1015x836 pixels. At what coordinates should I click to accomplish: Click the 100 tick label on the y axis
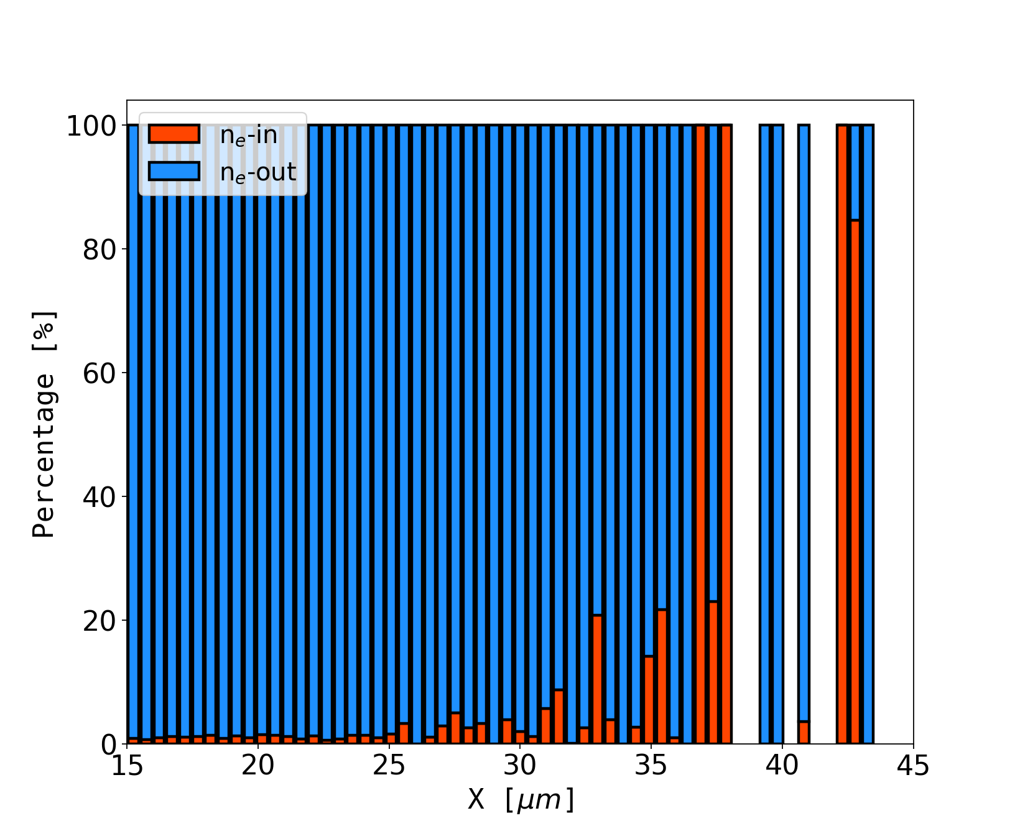[91, 126]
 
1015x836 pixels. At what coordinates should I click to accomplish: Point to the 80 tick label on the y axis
[100, 250]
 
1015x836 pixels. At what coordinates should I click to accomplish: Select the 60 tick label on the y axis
[100, 373]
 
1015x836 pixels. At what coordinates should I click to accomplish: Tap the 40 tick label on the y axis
[100, 497]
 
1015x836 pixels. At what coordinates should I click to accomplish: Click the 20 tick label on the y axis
[100, 621]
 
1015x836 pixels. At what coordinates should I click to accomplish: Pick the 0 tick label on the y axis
[108, 744]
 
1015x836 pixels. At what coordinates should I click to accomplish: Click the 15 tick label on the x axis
[127, 766]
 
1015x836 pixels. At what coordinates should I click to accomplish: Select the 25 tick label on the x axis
[389, 766]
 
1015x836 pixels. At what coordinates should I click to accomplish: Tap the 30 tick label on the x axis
[520, 766]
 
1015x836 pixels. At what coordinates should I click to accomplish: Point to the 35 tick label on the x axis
[651, 766]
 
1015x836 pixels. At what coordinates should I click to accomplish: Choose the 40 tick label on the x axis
[782, 766]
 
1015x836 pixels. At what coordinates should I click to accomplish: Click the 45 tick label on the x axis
[913, 766]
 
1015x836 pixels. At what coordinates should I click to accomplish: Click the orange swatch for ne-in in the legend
[174, 134]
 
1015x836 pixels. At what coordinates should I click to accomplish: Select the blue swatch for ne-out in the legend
[174, 172]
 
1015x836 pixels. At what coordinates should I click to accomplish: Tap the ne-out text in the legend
[258, 172]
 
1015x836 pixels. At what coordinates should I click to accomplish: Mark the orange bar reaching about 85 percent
[855, 482]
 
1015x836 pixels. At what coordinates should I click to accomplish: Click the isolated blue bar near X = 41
[804, 423]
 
